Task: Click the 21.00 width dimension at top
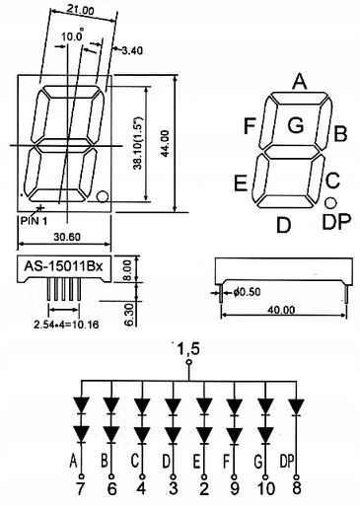pyautogui.click(x=81, y=10)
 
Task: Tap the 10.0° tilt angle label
pyautogui.click(x=72, y=36)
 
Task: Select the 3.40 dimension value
pyautogui.click(x=132, y=50)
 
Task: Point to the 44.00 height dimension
pyautogui.click(x=165, y=144)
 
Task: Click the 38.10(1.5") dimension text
pyautogui.click(x=139, y=143)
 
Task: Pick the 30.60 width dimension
pyautogui.click(x=67, y=237)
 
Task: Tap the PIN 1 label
pyautogui.click(x=34, y=221)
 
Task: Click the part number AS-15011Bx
pyautogui.click(x=64, y=265)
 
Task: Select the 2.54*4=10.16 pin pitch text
pyautogui.click(x=66, y=325)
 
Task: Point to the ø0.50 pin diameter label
pyautogui.click(x=247, y=292)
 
